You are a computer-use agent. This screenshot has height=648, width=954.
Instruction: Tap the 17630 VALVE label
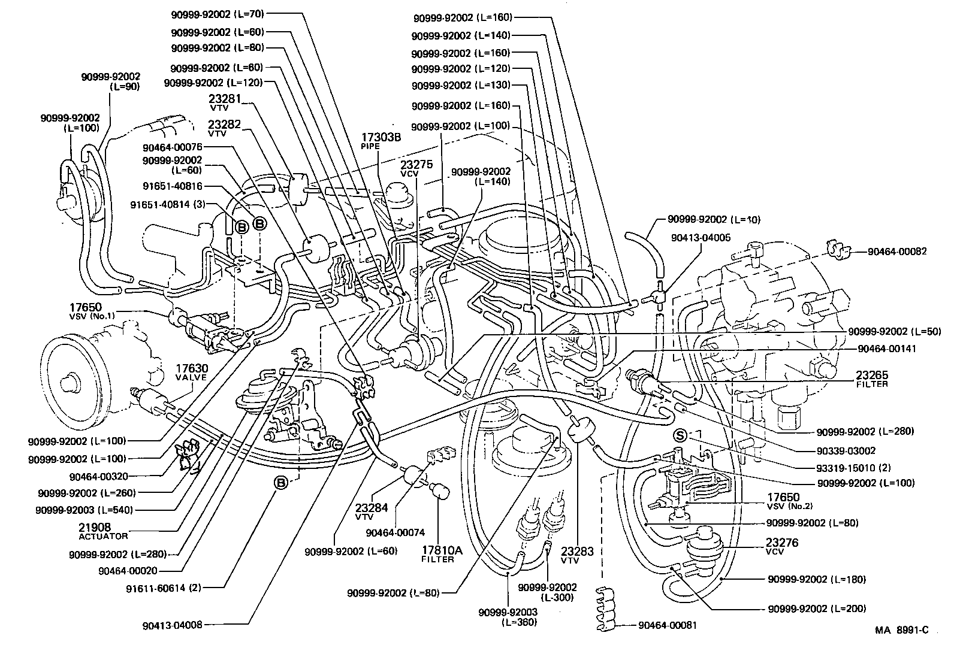pyautogui.click(x=191, y=373)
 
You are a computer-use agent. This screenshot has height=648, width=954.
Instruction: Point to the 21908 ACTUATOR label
pyautogui.click(x=95, y=531)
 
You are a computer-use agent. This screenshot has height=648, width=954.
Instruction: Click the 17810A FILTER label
pyautogui.click(x=437, y=553)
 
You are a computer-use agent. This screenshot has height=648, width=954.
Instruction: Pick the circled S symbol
pyautogui.click(x=680, y=435)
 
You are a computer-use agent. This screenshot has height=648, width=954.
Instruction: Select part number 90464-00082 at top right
pyautogui.click(x=896, y=252)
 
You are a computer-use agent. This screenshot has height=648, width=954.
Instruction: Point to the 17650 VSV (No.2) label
pyautogui.click(x=784, y=501)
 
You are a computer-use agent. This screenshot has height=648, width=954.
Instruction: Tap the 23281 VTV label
pyautogui.click(x=224, y=102)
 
